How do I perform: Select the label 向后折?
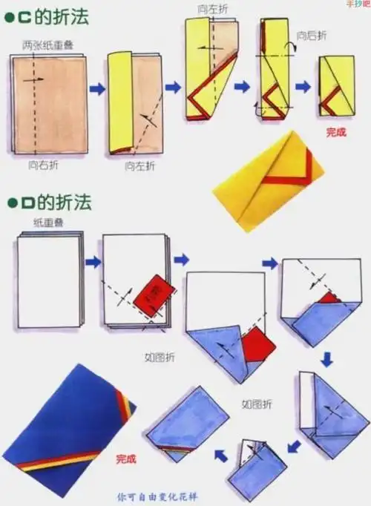311,34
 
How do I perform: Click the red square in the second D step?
155,296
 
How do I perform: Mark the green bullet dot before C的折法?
10,17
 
